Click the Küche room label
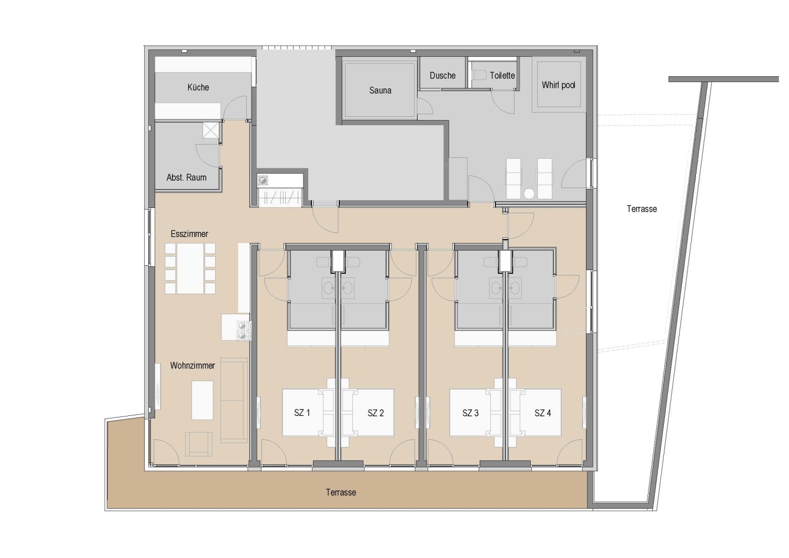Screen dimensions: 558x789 coord(198,87)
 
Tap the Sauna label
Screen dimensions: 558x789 coord(380,91)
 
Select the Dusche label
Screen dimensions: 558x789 coord(442,76)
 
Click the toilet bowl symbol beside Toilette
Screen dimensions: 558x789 coord(479,75)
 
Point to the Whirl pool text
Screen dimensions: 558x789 coord(558,85)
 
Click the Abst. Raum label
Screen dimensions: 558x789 coord(186,178)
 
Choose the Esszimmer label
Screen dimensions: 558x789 coord(189,234)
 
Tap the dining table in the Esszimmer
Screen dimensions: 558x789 coord(190,268)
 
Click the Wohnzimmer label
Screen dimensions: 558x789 coord(192,365)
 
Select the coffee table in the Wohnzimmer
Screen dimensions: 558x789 coord(202,400)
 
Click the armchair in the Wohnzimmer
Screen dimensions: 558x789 coord(199,443)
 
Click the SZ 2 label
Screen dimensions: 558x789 coord(376,413)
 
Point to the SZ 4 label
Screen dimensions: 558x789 coord(542,413)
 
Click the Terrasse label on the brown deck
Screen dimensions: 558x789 coord(341,493)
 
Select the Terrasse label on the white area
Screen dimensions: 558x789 coord(642,209)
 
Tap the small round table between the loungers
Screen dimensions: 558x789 coord(529,193)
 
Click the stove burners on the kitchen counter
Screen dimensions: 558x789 coord(242,331)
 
